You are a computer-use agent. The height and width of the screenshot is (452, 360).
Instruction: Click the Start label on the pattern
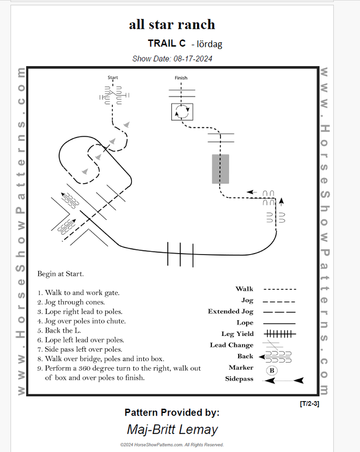112,77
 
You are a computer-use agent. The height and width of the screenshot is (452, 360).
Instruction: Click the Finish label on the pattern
181,78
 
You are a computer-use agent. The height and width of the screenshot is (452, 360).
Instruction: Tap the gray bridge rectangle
220,169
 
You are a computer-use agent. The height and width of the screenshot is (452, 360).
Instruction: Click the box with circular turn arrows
182,112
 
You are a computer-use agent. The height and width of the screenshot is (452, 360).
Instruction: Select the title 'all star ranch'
172,24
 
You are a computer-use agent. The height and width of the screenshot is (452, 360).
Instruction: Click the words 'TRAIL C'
166,43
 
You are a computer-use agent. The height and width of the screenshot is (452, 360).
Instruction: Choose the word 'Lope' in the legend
245,322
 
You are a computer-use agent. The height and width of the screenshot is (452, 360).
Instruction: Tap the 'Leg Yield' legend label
237,334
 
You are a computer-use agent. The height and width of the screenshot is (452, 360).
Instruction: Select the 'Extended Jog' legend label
230,311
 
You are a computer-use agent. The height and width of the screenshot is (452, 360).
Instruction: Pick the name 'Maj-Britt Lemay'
172,429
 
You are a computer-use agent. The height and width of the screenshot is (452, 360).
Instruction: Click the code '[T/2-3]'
309,404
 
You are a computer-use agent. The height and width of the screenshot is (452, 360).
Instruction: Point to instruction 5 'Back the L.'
63,331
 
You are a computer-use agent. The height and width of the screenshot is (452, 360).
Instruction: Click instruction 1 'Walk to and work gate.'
78,293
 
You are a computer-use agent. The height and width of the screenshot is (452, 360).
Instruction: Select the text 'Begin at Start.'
60,273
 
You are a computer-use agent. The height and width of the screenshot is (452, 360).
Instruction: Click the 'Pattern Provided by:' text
172,412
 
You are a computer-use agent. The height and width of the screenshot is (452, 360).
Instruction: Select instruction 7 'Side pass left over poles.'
80,349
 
